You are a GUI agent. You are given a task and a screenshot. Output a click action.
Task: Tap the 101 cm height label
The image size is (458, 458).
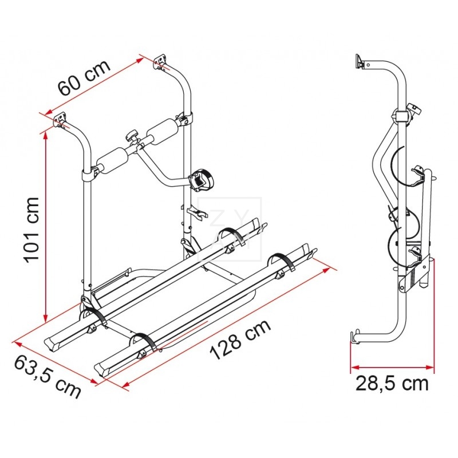[32, 229]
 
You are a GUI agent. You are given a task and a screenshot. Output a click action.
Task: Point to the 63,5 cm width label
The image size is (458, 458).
[48, 378]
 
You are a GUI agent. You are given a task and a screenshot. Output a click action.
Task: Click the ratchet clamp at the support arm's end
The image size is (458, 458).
[199, 180]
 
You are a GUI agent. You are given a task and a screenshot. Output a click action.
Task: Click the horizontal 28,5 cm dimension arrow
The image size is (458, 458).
[392, 367]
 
